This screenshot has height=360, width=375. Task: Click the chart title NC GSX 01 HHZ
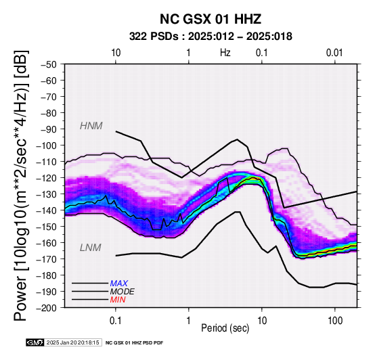click(211, 19)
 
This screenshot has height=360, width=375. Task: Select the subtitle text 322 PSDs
click(154, 37)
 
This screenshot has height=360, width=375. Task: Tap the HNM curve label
click(91, 126)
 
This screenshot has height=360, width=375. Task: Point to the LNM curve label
click(91, 248)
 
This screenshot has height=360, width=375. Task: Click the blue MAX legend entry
click(118, 284)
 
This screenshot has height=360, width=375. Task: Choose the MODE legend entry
click(122, 292)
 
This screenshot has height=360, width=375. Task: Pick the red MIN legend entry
click(118, 300)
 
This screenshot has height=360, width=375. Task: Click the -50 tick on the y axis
click(48, 64)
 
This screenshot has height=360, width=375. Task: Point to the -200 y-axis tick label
click(47, 308)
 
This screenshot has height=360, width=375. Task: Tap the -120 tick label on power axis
click(47, 178)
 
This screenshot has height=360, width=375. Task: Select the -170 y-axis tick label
click(47, 259)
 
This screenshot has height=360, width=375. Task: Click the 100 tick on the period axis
click(335, 321)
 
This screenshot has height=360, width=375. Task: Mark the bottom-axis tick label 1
click(189, 321)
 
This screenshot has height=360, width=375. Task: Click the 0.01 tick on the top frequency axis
click(334, 53)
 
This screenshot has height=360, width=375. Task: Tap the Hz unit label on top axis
click(225, 53)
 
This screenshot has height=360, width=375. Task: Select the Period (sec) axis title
click(225, 328)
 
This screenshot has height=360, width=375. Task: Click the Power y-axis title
click(21, 185)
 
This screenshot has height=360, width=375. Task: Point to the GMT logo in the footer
click(35, 342)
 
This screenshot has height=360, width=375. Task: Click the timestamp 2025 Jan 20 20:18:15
click(72, 342)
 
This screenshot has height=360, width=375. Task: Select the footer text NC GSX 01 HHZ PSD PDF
click(135, 343)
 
